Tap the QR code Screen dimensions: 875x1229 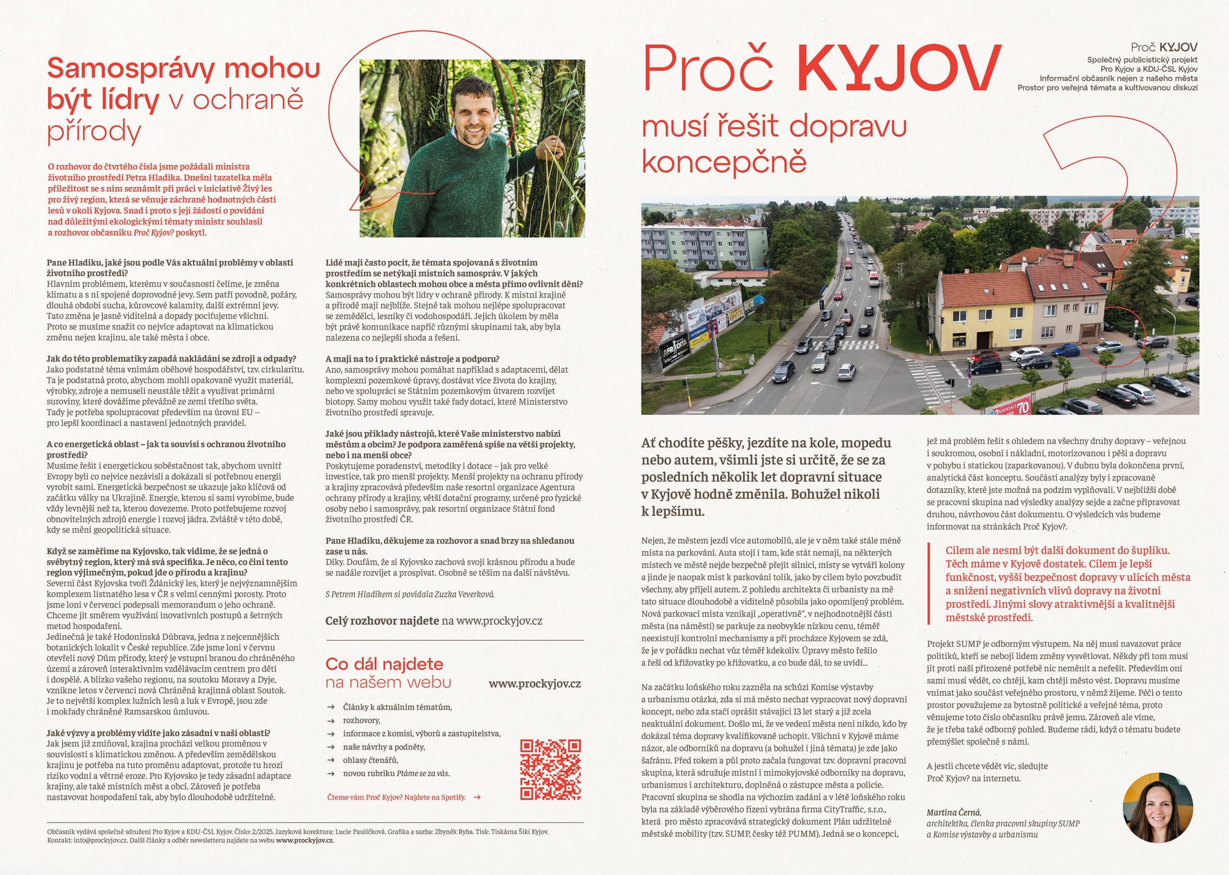551,769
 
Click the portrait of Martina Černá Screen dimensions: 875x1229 1158,806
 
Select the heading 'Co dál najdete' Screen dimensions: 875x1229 384,664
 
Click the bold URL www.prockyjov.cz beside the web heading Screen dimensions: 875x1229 535,684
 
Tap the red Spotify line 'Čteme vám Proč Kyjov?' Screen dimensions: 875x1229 396,798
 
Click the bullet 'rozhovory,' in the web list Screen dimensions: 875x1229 361,720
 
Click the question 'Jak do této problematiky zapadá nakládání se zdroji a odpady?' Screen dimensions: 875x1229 171,358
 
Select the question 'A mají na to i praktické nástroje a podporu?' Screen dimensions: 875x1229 412,358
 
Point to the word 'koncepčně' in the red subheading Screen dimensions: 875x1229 724,161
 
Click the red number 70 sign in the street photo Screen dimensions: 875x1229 1023,406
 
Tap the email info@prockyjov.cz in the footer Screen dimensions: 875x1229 98,841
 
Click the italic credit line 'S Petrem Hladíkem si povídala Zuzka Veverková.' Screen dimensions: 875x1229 410,594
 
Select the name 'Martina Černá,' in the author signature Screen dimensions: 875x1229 954,812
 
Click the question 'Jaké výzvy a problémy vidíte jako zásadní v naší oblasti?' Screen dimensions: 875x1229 159,733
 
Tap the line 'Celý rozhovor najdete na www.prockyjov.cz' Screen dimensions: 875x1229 434,621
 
